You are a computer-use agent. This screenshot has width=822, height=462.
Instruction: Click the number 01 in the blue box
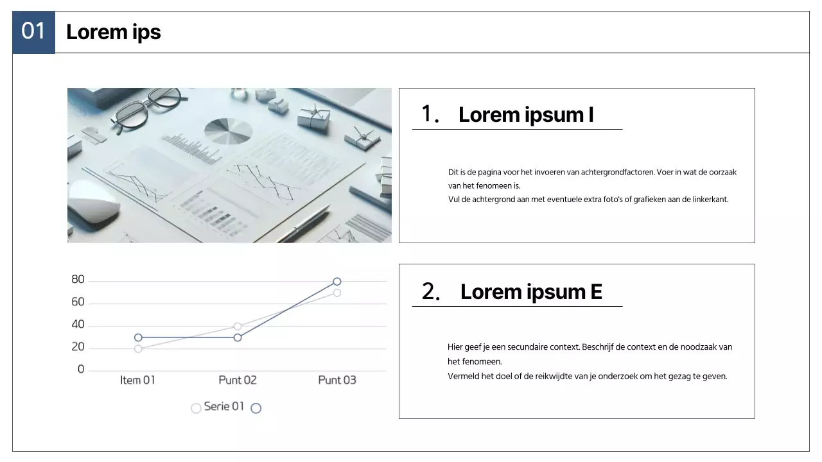[33, 31]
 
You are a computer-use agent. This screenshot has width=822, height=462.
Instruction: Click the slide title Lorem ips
[114, 32]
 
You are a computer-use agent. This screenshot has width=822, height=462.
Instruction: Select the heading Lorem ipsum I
[526, 115]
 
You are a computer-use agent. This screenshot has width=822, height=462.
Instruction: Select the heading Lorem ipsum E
[531, 292]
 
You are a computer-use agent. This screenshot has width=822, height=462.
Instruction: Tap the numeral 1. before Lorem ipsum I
[430, 114]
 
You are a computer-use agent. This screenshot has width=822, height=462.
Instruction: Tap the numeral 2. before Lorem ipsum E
[430, 291]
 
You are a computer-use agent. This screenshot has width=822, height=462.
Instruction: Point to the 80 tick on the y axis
[78, 279]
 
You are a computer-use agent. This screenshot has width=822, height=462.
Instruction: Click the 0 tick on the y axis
[81, 369]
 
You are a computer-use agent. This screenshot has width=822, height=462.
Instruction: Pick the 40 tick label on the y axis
[78, 324]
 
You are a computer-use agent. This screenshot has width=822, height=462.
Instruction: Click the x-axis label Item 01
[137, 381]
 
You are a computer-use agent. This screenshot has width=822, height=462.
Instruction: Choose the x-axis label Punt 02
[238, 381]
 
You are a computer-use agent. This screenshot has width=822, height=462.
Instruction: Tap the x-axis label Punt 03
[337, 381]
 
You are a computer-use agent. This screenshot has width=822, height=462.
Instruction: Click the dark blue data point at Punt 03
[337, 282]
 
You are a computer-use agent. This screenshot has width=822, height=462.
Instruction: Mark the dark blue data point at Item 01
[138, 338]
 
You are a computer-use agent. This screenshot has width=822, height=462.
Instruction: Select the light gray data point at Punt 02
[238, 327]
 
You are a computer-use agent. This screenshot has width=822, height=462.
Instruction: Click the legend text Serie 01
[224, 406]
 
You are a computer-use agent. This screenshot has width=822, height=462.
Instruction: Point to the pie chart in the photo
[228, 131]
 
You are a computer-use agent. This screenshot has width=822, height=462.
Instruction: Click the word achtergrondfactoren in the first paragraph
[618, 173]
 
